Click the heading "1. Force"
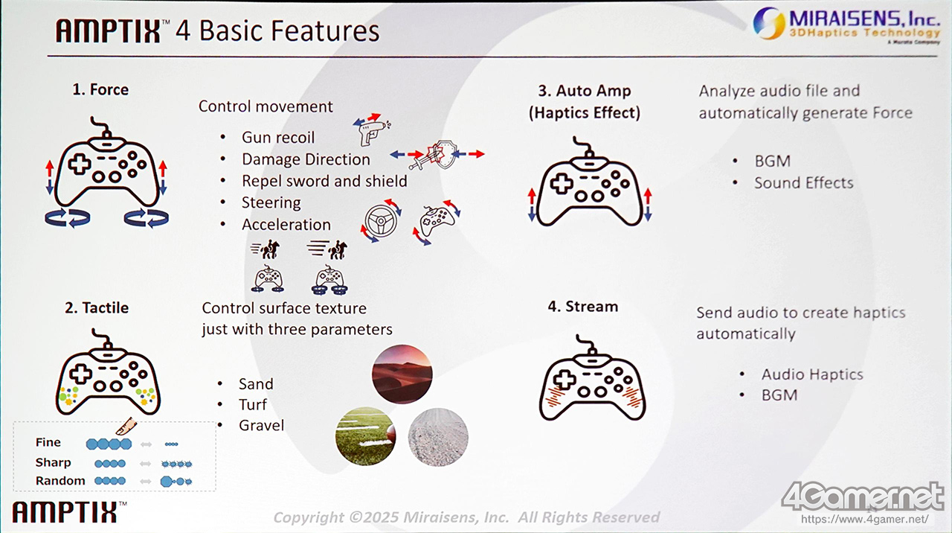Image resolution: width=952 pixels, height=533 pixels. [100, 90]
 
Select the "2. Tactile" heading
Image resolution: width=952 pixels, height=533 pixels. [97, 307]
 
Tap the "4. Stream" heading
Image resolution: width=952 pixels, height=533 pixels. [582, 306]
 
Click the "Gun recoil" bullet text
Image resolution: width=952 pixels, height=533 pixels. [278, 138]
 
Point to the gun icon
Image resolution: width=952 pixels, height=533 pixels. [370, 133]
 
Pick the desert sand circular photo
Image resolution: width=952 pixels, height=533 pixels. [402, 374]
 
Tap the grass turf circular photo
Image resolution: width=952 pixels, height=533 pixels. [365, 436]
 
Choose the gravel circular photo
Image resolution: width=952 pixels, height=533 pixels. [438, 437]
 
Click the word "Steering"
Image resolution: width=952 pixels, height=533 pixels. [271, 202]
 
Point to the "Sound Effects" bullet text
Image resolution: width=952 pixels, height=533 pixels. [804, 182]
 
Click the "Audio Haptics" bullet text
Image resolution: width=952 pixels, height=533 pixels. [812, 374]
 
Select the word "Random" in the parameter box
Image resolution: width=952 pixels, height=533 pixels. [60, 481]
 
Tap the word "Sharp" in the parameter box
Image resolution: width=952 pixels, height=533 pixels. [53, 462]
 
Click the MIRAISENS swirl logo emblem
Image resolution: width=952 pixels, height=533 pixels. [769, 23]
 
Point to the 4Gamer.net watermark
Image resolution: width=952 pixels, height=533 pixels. [863, 502]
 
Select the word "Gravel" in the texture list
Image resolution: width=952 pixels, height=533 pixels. [261, 425]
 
